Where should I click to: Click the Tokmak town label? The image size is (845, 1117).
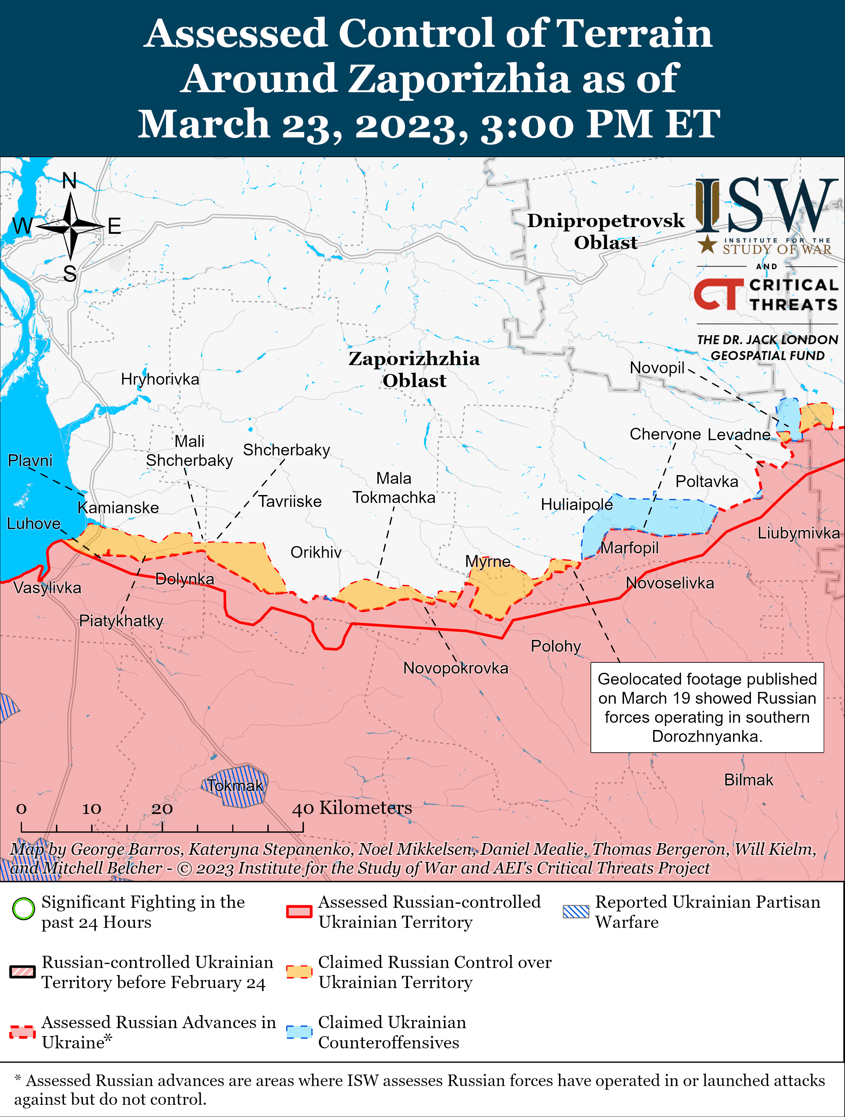235,786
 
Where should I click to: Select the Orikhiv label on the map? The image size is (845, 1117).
316,552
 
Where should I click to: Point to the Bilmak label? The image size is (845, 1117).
748,780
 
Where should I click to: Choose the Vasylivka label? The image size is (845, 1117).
47,588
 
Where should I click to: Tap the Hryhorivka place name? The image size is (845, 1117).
160,379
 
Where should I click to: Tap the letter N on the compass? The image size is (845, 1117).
70,181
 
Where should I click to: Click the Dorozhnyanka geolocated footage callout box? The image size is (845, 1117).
707,708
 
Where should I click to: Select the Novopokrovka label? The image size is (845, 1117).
455,668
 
